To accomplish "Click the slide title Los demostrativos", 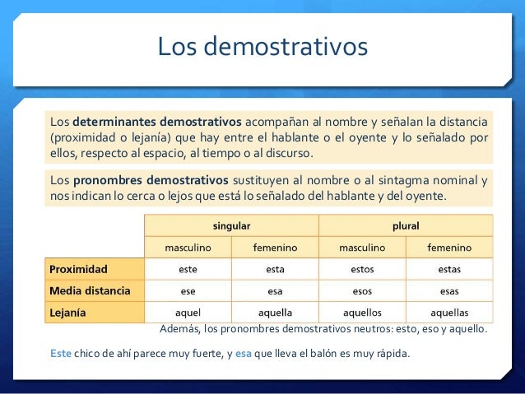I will click(262, 46).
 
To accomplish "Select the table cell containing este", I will click(188, 269).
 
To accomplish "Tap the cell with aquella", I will click(275, 313).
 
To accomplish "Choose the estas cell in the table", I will click(449, 269).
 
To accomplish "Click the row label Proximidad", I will click(83, 269).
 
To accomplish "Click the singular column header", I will click(231, 225).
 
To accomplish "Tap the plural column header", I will click(406, 225).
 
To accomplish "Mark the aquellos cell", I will click(362, 313).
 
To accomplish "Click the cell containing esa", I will click(275, 290).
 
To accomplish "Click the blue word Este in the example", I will click(61, 354).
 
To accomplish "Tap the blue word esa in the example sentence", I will click(243, 354).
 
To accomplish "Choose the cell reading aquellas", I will click(449, 313).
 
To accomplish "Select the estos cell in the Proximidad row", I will click(362, 269).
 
